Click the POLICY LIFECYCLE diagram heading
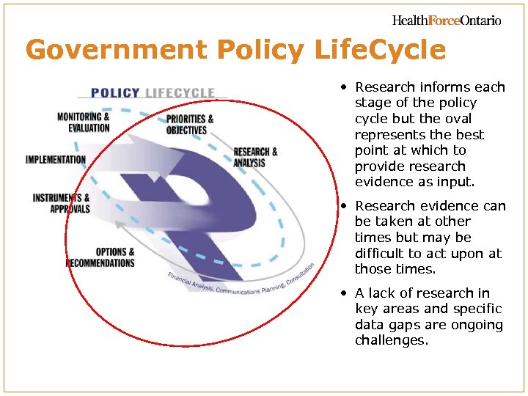[x=153, y=93]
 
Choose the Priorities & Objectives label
[x=190, y=125]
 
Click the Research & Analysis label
[x=255, y=157]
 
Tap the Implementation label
[x=56, y=159]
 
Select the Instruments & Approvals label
[x=62, y=203]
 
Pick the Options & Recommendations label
[x=100, y=257]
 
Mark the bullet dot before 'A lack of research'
[x=343, y=293]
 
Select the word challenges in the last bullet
[x=391, y=341]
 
